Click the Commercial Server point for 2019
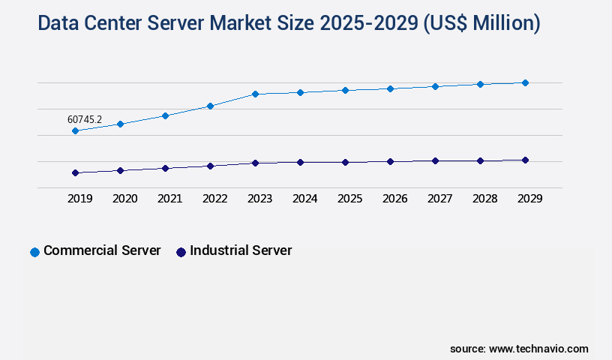point(75,130)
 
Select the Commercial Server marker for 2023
point(255,94)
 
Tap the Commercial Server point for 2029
point(525,82)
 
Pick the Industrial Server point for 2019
point(75,172)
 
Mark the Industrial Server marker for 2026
point(390,161)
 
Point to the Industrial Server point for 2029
point(525,160)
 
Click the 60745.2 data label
point(85,119)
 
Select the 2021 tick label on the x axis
point(169,199)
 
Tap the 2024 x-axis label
point(304,199)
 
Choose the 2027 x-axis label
point(439,199)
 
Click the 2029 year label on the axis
point(529,199)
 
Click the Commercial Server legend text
point(102,250)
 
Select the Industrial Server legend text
point(241,250)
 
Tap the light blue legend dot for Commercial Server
point(34,252)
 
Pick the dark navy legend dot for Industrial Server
point(181,252)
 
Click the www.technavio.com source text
point(538,349)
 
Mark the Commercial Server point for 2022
point(210,106)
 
